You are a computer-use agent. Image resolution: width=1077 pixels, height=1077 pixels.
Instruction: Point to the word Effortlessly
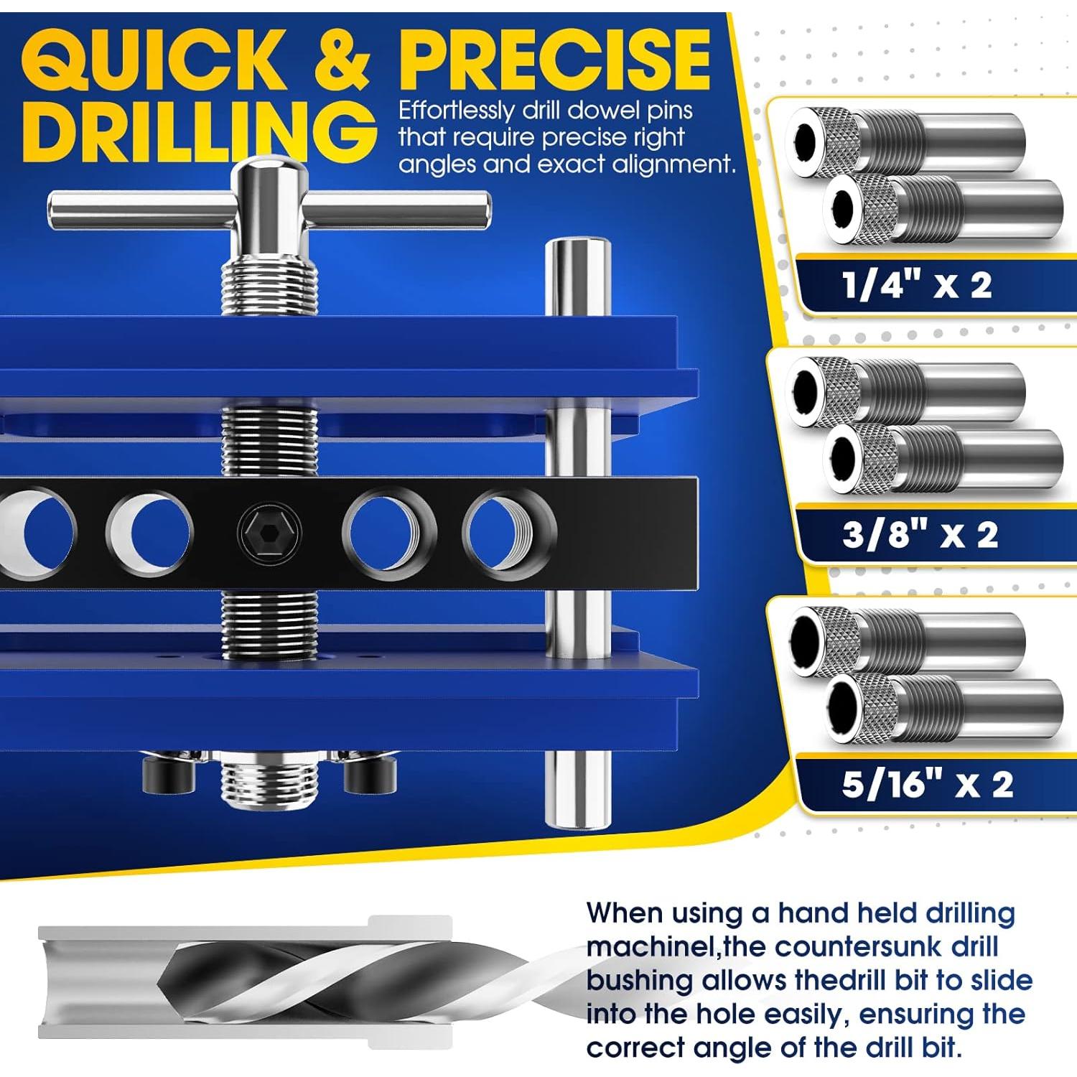pos(457,111)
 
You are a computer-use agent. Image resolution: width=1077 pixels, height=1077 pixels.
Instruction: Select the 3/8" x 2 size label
pos(920,535)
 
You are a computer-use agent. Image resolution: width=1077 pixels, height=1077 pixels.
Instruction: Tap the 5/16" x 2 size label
pos(927,784)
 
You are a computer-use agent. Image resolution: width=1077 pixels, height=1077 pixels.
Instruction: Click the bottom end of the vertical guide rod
pos(577,819)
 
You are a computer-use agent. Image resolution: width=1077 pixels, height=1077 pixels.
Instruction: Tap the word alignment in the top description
pos(671,164)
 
